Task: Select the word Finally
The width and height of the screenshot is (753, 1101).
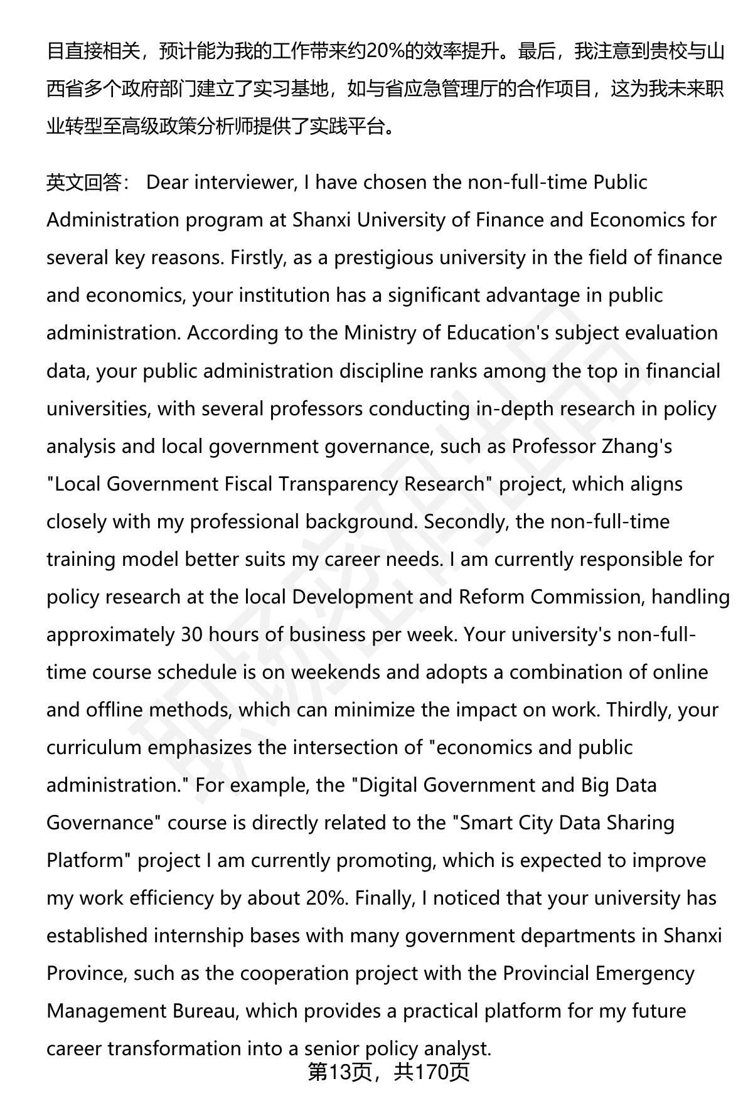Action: click(x=383, y=898)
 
